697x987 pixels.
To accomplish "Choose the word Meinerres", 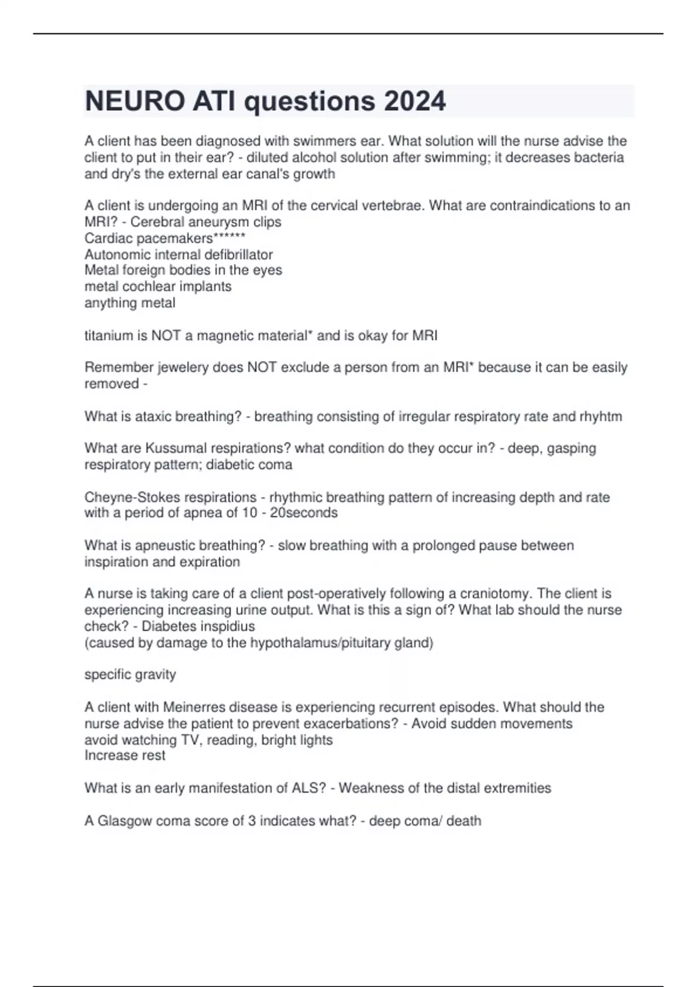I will pos(194,707).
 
